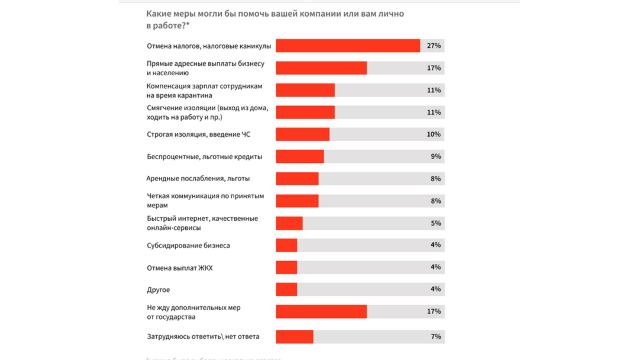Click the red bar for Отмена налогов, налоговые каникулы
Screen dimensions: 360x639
tap(348, 46)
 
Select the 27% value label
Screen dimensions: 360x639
tap(434, 46)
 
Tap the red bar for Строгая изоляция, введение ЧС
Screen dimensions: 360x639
tap(302, 134)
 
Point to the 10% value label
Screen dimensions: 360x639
tap(434, 134)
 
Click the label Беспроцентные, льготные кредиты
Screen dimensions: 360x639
tap(204, 157)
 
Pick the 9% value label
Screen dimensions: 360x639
tap(436, 157)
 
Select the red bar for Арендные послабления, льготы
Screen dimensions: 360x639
tap(297, 179)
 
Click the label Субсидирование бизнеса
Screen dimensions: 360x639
tap(188, 245)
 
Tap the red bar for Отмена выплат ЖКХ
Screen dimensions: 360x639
tap(286, 268)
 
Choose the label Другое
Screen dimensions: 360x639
tap(158, 290)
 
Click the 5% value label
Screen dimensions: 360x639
tap(436, 223)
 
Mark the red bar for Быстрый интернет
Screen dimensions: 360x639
tap(289, 223)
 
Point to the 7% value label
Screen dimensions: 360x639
tap(436, 337)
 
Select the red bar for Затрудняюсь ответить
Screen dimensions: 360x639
tap(295, 337)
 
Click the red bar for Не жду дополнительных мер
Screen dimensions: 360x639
tap(321, 311)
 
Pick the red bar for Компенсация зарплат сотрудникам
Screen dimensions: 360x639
tap(305, 90)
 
